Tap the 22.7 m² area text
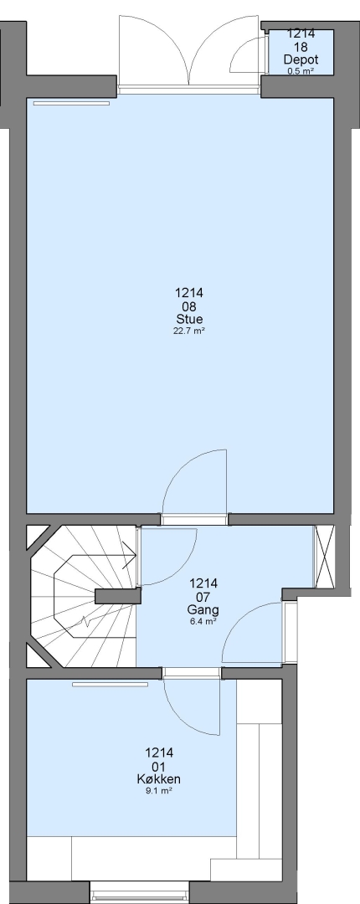[x=189, y=331]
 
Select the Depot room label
[x=301, y=59]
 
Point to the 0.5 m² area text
[x=301, y=71]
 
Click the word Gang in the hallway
[x=203, y=610]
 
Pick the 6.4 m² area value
[x=203, y=621]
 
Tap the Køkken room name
[x=159, y=779]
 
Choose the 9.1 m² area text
[x=159, y=791]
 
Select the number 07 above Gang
[x=203, y=597]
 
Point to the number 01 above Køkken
[x=159, y=766]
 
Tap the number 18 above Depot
[x=301, y=47]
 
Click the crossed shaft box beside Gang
[x=324, y=557]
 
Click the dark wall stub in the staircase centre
[x=118, y=596]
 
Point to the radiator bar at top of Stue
[x=71, y=103]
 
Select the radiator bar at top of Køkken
[x=111, y=685]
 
